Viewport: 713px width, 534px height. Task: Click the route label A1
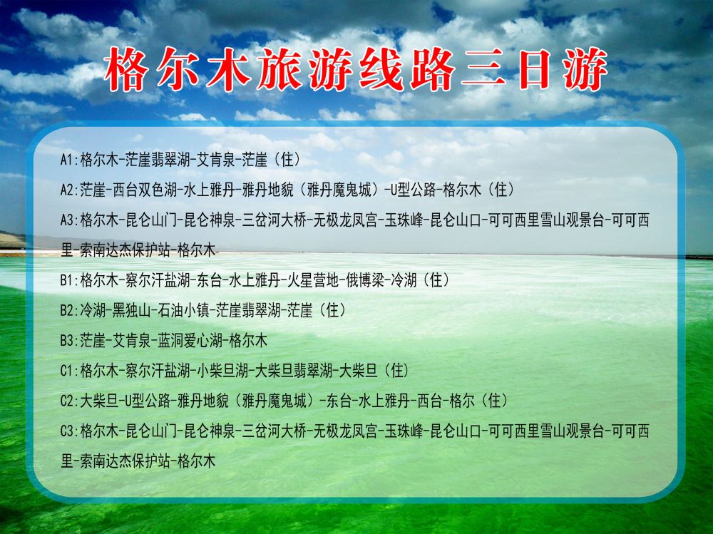69,160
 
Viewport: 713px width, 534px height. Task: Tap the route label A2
69,190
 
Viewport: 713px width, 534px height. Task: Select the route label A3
69,220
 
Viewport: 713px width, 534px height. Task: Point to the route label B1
69,280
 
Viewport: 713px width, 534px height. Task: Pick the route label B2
69,310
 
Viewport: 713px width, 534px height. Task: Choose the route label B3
69,340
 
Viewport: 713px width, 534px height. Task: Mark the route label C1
69,371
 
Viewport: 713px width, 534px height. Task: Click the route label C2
69,401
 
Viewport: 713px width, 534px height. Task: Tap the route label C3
69,431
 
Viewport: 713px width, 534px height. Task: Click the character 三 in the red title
483,70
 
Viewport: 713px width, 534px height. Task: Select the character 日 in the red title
534,69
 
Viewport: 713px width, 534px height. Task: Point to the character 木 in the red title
228,69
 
